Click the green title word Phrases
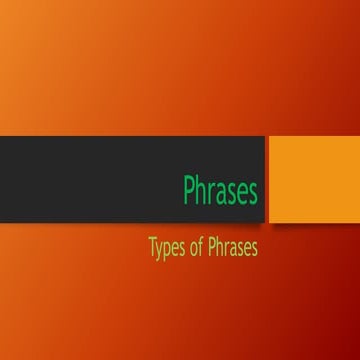pyautogui.click(x=220, y=189)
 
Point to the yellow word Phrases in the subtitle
pyautogui.click(x=236, y=246)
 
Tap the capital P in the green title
pyautogui.click(x=189, y=189)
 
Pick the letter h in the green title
pyautogui.click(x=201, y=189)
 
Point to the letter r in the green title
pyautogui.click(x=211, y=191)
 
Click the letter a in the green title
pyautogui.click(x=221, y=191)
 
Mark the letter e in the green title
pyautogui.click(x=242, y=191)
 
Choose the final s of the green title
pyautogui.click(x=253, y=191)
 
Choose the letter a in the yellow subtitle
pyautogui.click(x=237, y=247)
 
